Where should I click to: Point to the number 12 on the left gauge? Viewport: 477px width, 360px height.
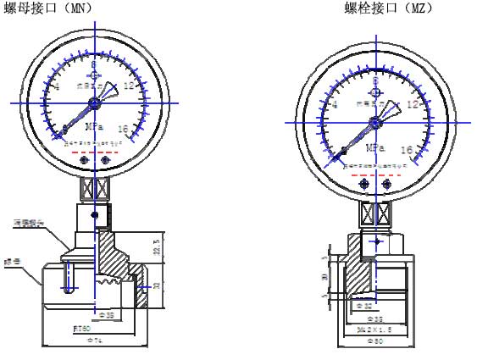(129, 86)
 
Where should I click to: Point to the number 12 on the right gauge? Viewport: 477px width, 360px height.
(413, 105)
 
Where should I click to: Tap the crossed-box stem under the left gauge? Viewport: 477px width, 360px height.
(95, 184)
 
